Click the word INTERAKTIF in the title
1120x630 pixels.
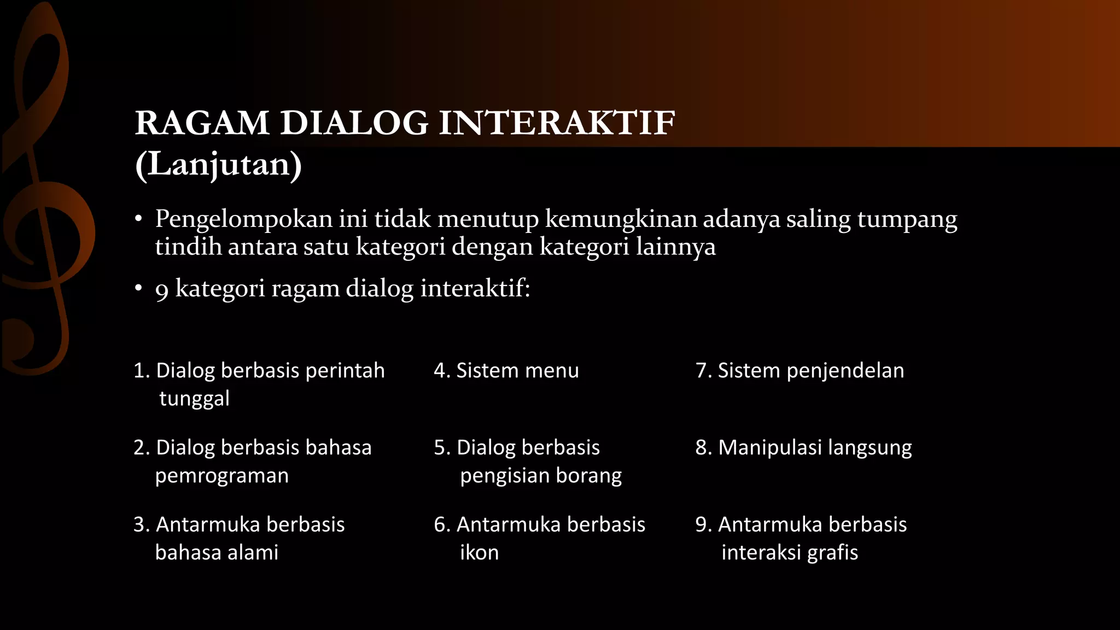557,122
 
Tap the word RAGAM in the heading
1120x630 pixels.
202,122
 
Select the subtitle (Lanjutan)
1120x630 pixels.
218,164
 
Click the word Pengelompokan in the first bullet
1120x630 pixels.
244,219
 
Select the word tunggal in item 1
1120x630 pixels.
194,399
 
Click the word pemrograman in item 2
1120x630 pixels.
221,476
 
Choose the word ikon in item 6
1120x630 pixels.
479,552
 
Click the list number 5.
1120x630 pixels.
441,447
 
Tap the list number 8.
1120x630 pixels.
702,447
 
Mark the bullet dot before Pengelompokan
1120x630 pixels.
139,220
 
